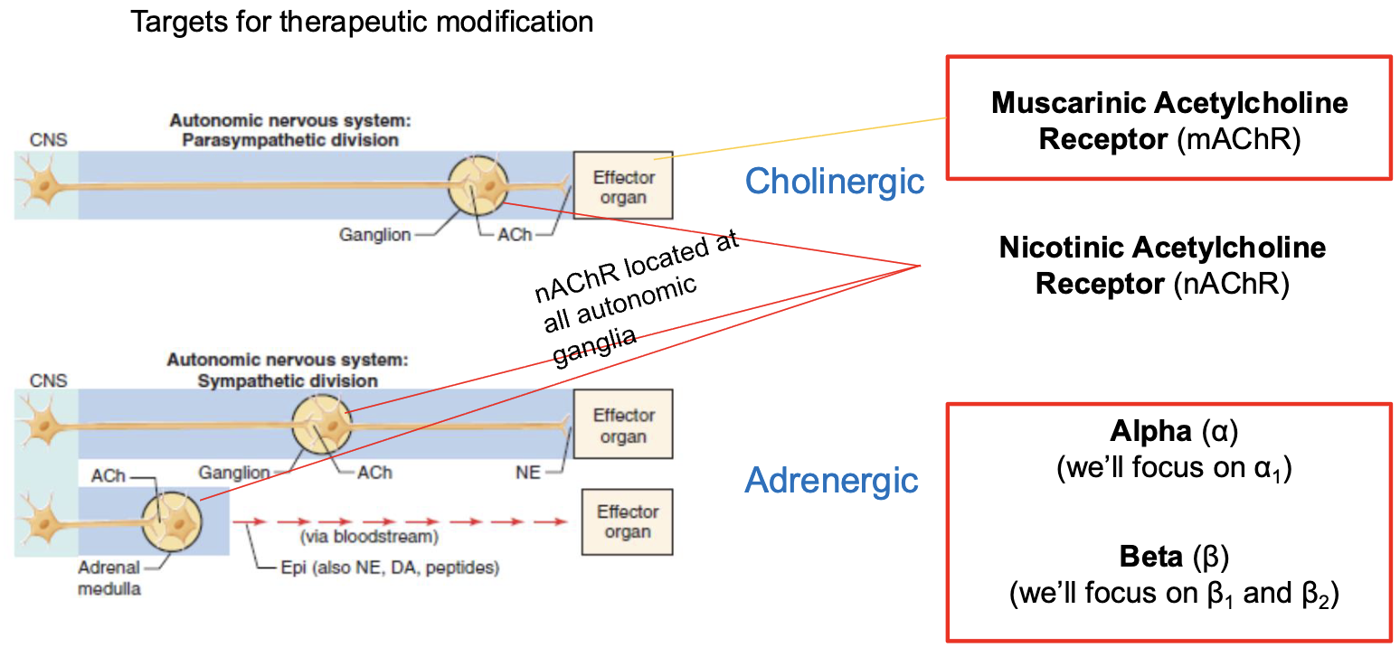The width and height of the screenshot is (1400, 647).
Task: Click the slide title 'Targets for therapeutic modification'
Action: (x=362, y=22)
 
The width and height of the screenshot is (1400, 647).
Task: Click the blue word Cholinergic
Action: (x=834, y=182)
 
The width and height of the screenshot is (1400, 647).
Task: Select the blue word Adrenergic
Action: (x=831, y=480)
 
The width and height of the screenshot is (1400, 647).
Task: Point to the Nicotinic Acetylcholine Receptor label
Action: (x=1161, y=248)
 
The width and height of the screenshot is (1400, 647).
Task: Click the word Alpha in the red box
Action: (x=1151, y=432)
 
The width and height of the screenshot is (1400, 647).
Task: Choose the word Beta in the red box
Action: (x=1150, y=558)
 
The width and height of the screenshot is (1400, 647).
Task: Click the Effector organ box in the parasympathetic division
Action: (x=623, y=186)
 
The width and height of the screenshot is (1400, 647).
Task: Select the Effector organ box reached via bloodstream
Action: (x=627, y=521)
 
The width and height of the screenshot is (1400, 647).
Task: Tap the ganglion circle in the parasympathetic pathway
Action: (x=479, y=184)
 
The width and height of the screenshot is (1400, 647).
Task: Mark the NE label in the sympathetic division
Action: (x=527, y=473)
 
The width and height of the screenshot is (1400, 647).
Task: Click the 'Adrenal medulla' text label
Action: (x=109, y=578)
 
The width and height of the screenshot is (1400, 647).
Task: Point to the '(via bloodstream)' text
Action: (x=369, y=538)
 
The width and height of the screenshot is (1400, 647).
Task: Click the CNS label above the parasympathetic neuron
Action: (x=47, y=140)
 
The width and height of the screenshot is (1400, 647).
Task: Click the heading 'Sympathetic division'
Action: (x=288, y=380)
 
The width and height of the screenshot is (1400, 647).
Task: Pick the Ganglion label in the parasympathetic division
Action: (x=374, y=235)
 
